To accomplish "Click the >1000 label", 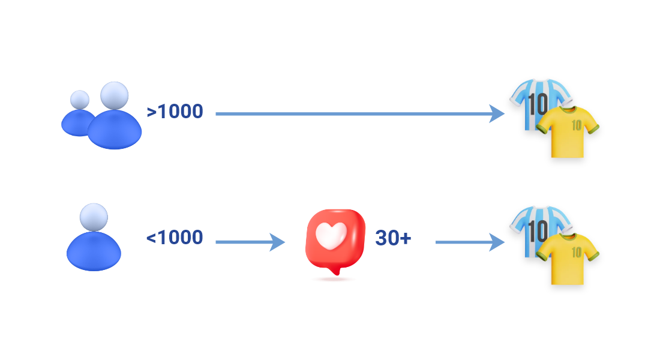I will (x=175, y=112).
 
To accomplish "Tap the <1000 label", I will (x=175, y=238).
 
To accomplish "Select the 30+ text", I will (x=393, y=238).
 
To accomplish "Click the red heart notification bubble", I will (x=335, y=240).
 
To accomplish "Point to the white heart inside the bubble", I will (x=332, y=236).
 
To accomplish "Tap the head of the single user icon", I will (x=94, y=217).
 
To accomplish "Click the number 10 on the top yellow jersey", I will (x=576, y=125).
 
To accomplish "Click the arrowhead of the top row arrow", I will (x=497, y=113).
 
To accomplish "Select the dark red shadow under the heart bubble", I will (x=334, y=279).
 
